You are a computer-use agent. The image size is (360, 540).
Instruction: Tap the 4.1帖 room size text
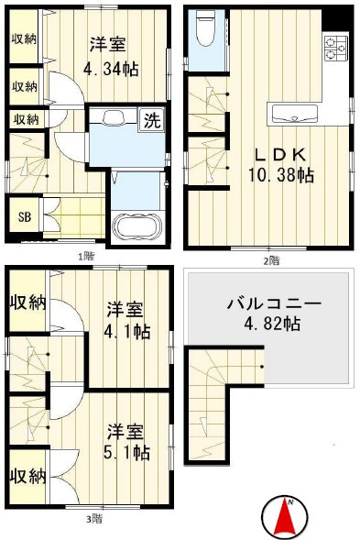pos(126,331)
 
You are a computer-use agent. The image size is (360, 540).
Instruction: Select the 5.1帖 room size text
pos(126,452)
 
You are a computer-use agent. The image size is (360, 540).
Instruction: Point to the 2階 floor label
pos(271,260)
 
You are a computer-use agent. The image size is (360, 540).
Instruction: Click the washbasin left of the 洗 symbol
pos(114,117)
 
